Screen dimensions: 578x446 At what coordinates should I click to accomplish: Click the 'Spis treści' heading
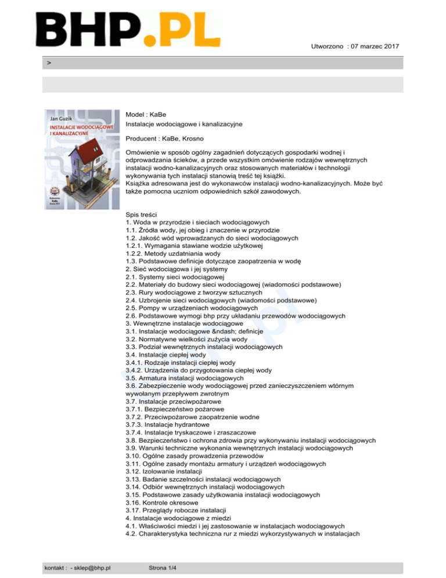point(137,215)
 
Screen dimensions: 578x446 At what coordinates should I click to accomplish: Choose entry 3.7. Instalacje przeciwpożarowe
point(172,401)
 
